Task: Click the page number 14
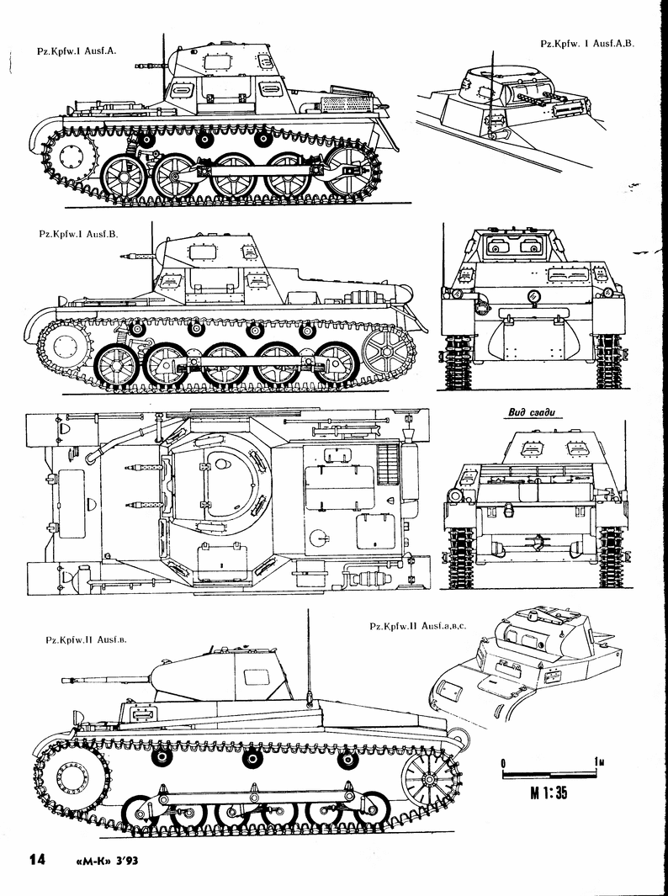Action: tap(36, 859)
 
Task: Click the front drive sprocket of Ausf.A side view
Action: tap(73, 156)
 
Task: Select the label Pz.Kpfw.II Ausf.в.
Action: tap(81, 640)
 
